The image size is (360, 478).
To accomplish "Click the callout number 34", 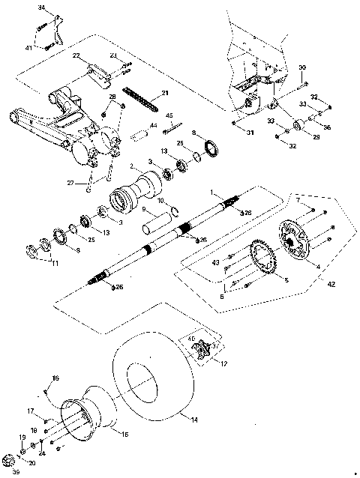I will (x=41, y=7).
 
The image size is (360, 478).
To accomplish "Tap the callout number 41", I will (x=29, y=47).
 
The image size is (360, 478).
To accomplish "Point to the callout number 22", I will (x=76, y=56).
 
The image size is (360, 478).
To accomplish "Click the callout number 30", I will (x=302, y=67).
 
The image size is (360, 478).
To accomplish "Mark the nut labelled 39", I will (x=8, y=460).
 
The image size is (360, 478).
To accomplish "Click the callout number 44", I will (x=153, y=125).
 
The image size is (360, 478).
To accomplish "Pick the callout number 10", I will (x=161, y=201).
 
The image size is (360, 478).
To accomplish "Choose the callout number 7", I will (x=299, y=201).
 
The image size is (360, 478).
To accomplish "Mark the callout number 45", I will (x=169, y=115).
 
